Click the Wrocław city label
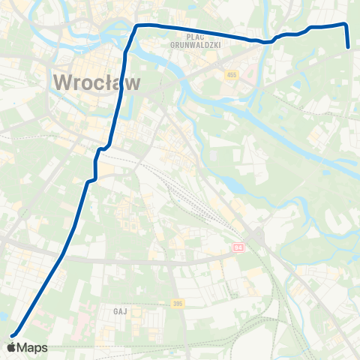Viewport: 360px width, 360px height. [x=97, y=82]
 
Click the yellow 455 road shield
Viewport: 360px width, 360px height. [x=231, y=76]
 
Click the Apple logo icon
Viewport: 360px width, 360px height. [x=13, y=347]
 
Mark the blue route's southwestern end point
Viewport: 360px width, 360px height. [x=12, y=334]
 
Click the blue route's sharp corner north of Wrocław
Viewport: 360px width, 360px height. [x=136, y=26]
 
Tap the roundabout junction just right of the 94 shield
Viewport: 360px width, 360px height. [x=257, y=238]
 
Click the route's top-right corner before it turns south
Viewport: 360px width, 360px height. [x=346, y=24]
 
